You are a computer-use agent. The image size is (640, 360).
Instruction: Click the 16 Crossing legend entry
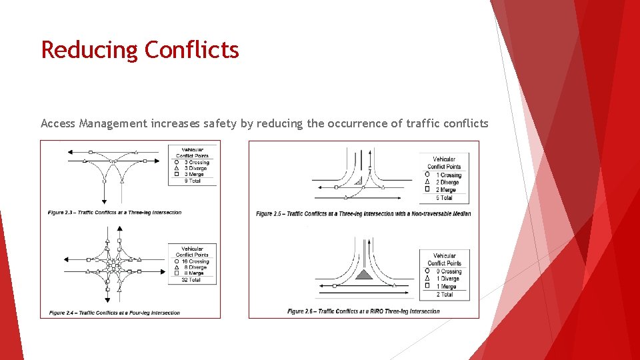click(195, 261)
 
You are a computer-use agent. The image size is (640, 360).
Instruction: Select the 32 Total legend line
click(192, 280)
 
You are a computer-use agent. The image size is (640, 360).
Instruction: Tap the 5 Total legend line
click(444, 197)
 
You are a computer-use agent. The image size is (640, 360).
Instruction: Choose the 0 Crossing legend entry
click(449, 271)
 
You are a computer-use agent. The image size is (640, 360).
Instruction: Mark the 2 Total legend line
click(445, 294)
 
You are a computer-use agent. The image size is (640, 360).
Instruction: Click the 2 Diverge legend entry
click(447, 182)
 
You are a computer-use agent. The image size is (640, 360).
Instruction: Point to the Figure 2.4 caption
click(114, 313)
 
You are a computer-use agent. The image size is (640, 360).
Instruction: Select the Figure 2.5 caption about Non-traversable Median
click(363, 214)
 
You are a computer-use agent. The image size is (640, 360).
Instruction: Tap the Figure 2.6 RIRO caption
click(363, 311)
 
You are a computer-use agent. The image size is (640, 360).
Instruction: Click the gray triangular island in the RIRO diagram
click(363, 274)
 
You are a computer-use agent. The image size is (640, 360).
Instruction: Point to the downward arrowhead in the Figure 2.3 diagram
click(105, 201)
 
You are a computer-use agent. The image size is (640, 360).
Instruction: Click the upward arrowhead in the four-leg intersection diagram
click(119, 229)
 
